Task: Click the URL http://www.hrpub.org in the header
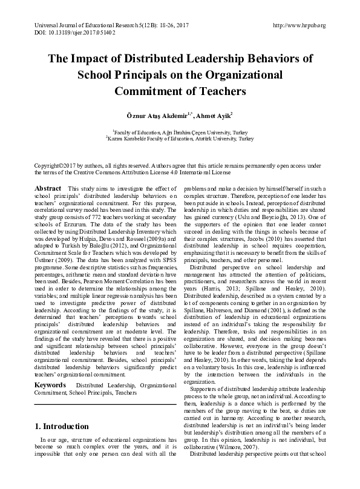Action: tap(299, 25)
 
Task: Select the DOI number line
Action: tap(73, 32)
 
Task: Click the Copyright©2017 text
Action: tap(57, 165)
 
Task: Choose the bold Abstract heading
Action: tap(48, 189)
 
